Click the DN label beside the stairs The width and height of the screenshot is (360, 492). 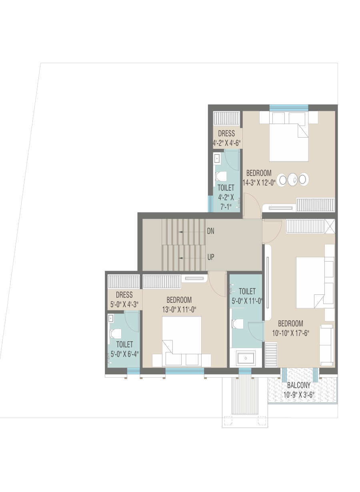click(210, 231)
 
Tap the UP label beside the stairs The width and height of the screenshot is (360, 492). click(211, 257)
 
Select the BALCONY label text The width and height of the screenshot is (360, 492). click(299, 385)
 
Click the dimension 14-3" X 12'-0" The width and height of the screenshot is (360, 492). click(259, 183)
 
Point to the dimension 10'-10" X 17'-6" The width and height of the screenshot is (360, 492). click(290, 333)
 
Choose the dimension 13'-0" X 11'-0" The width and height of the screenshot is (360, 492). click(179, 310)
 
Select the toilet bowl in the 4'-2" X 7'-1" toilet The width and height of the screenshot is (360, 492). click(221, 176)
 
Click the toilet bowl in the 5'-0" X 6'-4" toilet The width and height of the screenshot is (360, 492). click(116, 334)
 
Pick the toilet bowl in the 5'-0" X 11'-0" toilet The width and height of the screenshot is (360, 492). click(238, 324)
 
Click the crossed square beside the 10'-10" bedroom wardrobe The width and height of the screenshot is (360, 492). click(330, 226)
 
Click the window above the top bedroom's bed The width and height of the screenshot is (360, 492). click(289, 108)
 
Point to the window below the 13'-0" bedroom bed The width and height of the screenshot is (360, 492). click(184, 371)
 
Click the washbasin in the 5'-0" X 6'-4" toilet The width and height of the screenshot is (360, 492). click(111, 318)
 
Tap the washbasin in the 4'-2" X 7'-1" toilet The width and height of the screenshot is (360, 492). click(217, 158)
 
